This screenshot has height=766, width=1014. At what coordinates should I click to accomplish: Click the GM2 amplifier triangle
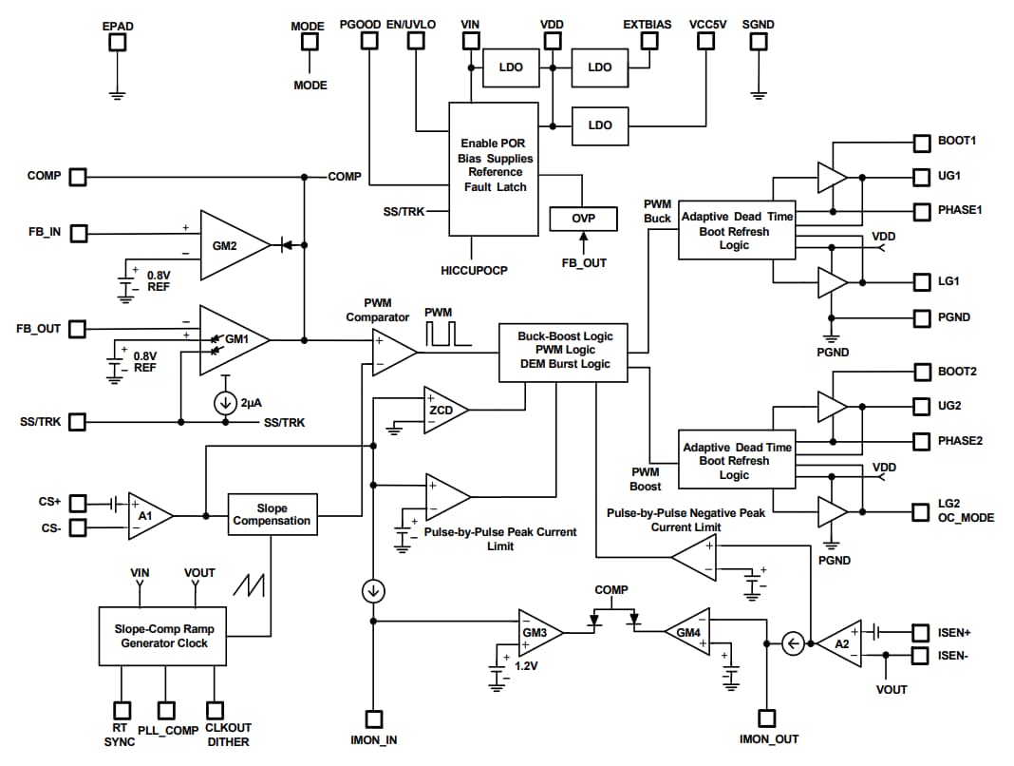tap(229, 246)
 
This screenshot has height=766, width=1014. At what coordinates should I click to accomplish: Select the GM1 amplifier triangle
tap(229, 339)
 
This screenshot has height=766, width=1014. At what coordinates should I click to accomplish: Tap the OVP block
tap(583, 218)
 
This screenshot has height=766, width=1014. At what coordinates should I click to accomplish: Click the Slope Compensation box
tap(272, 514)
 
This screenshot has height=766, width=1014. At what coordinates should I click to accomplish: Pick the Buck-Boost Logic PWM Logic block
tap(564, 351)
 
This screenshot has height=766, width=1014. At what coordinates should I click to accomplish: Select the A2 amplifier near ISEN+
tap(838, 644)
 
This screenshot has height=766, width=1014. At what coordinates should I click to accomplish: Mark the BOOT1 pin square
tap(921, 143)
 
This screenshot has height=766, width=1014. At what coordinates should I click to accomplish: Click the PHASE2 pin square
tap(921, 441)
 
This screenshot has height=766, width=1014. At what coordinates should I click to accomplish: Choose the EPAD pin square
tap(118, 43)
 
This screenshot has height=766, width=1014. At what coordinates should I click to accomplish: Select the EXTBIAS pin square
tap(649, 41)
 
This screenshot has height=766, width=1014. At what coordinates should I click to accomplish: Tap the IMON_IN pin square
tap(374, 719)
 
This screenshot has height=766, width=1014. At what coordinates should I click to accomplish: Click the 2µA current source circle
tap(225, 402)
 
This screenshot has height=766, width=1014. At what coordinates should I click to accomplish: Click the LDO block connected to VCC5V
tap(600, 125)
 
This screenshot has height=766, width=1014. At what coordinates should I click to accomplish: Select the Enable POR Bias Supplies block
tap(493, 168)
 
